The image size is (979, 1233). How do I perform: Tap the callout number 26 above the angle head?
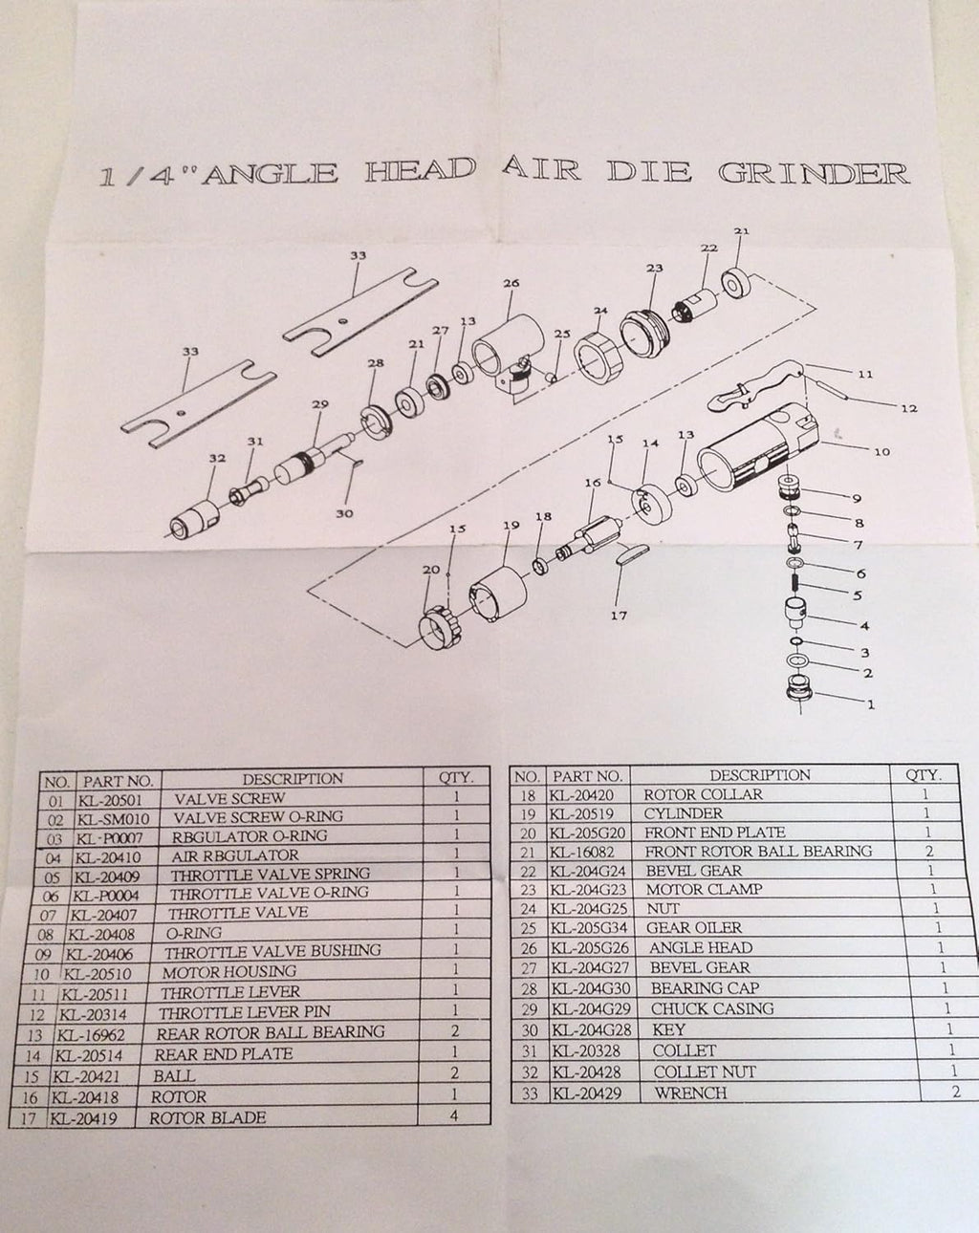click(511, 283)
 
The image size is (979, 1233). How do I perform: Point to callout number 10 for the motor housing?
click(881, 451)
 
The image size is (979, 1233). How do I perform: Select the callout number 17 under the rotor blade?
click(619, 616)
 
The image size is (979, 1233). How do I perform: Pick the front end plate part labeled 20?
click(442, 626)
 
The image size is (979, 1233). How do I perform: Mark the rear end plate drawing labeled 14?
click(652, 505)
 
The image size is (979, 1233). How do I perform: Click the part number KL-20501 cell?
click(110, 800)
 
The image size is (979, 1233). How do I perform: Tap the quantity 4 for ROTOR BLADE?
click(453, 1114)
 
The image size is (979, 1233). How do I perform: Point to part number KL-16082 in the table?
click(582, 852)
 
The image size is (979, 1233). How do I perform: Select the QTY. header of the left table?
click(456, 777)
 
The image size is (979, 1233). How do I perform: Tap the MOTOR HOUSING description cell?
click(229, 972)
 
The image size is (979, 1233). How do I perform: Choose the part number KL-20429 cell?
click(586, 1093)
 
